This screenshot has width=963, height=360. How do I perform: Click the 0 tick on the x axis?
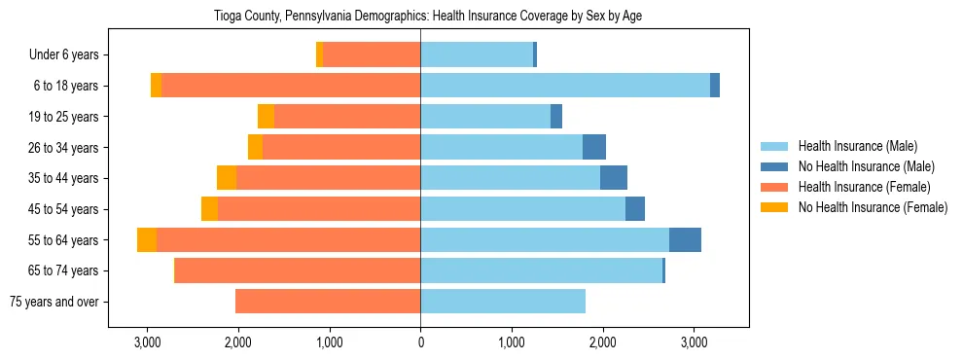click(420, 342)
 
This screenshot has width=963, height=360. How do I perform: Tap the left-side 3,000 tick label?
click(147, 342)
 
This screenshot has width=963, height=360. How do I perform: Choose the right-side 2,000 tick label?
click(602, 342)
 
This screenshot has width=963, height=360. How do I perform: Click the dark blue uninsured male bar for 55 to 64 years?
click(685, 240)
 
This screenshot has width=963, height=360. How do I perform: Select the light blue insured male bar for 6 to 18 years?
click(564, 86)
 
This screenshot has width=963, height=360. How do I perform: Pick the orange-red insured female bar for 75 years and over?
click(328, 302)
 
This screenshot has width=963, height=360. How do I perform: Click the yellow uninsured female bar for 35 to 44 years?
click(227, 178)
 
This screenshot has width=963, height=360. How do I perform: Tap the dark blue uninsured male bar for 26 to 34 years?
click(594, 147)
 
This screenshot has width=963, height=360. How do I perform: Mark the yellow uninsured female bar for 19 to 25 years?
click(266, 117)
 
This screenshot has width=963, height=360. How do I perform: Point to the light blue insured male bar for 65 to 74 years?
click(541, 270)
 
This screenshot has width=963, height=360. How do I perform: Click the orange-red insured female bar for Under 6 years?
click(372, 54)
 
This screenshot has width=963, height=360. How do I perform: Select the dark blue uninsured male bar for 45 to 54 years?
click(635, 209)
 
